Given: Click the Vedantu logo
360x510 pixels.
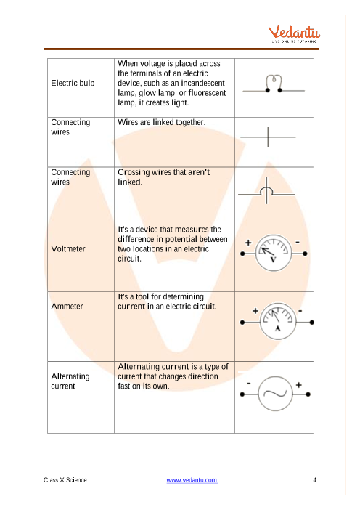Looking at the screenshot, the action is [x=294, y=34].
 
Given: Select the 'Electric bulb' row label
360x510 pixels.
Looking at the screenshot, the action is [x=73, y=83].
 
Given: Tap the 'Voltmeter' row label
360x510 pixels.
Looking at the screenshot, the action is [x=68, y=248].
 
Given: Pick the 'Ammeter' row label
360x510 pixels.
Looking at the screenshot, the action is [x=67, y=306].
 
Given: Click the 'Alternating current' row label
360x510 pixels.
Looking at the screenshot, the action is [x=70, y=381].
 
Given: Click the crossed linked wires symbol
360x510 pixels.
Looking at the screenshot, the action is [x=268, y=137].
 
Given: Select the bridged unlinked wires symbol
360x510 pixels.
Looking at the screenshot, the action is [x=266, y=191].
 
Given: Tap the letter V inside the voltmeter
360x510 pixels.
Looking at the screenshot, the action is [x=273, y=259].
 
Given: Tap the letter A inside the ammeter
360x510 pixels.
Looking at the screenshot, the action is [x=278, y=328].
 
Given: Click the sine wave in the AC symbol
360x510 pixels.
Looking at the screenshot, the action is [x=275, y=394].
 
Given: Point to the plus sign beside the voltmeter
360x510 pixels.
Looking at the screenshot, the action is [x=248, y=243].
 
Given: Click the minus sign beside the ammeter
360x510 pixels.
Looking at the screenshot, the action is [x=300, y=311].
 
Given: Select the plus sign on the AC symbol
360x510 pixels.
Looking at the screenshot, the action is [x=299, y=385].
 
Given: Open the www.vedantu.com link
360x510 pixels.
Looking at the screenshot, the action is [x=192, y=480].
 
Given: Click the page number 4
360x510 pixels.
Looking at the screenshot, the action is [x=314, y=480].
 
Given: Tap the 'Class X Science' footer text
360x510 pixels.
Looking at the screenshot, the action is [x=65, y=480].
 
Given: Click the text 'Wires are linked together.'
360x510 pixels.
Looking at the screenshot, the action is [x=161, y=122].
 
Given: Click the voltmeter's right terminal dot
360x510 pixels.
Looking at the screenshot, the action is [x=305, y=254].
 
